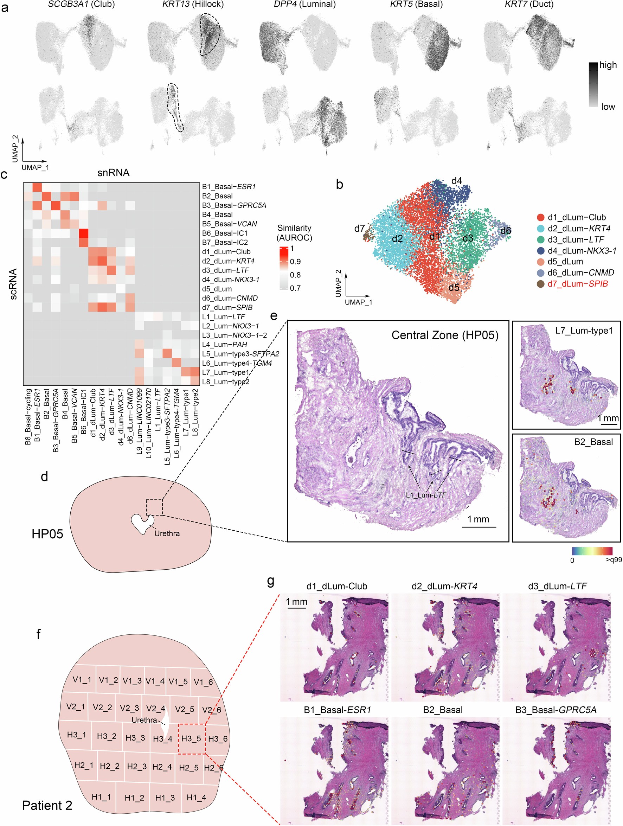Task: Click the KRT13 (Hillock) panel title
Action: pos(193,5)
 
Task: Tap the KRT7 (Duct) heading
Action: pos(529,5)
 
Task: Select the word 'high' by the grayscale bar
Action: pos(608,65)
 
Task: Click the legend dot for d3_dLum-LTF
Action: pos(540,239)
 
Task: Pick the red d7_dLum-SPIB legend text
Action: pos(577,284)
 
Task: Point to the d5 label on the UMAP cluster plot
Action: pos(454,288)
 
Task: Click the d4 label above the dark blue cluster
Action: pos(456,181)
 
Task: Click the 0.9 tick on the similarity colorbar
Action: pos(295,261)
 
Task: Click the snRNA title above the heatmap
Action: pos(114,173)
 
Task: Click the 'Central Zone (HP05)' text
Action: pos(445,335)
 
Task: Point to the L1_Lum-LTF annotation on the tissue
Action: pos(426,495)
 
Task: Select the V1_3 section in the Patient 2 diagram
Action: pos(132,681)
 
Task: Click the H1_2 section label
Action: pos(134,798)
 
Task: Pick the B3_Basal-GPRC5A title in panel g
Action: pos(556,710)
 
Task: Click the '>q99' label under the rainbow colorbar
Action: pos(613,560)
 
